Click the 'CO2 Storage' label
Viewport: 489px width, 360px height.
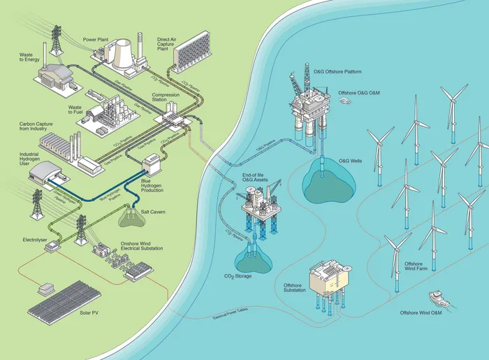point(238,275)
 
